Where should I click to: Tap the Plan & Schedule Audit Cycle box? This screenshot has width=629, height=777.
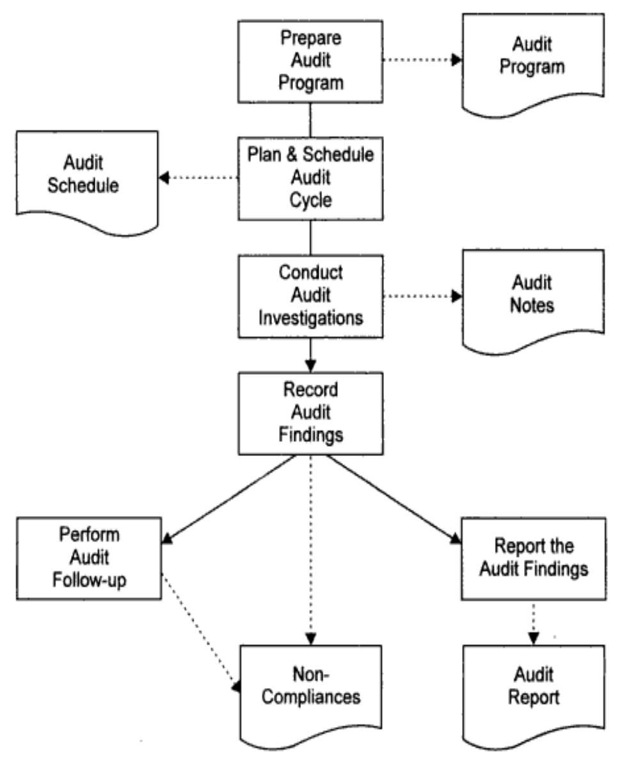coord(310,177)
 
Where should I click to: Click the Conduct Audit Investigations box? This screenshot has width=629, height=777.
coord(310,295)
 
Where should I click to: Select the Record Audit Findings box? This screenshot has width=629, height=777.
coord(310,412)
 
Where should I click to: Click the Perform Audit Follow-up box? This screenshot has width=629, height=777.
coord(90,558)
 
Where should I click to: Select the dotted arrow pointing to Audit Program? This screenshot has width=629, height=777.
coord(422,60)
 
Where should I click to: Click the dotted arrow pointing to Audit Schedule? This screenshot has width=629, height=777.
coord(198,177)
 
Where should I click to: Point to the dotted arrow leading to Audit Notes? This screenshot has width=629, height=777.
coord(422,295)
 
